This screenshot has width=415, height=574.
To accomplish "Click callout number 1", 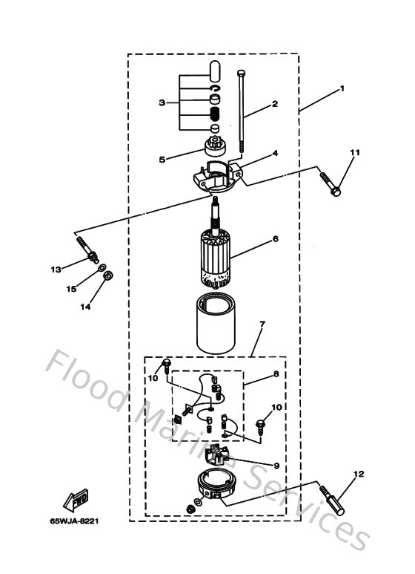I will click(342, 88).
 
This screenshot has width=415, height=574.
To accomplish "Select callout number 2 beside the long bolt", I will click(274, 104).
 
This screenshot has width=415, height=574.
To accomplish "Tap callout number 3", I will click(162, 102).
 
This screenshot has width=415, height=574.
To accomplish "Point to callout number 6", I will click(274, 239).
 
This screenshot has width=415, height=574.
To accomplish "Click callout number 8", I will click(276, 376).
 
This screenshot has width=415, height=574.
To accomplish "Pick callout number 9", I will click(276, 466).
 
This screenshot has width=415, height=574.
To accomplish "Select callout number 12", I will click(359, 472).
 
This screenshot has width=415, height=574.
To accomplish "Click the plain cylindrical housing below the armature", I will click(218, 325).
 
